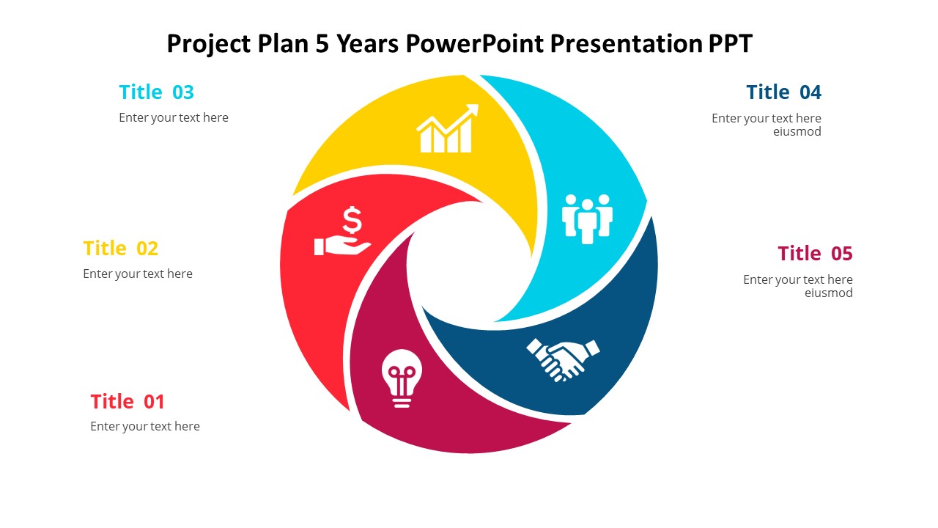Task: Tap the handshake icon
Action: pos(563,360)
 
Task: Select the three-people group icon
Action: pos(587,219)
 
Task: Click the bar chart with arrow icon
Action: pos(447,128)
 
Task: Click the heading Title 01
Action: pos(128,401)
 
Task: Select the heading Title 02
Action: pos(121,248)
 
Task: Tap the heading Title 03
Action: pos(157,92)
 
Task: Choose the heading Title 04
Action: pos(783,92)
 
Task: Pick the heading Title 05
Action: pos(815,254)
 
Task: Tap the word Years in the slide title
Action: pos(368,43)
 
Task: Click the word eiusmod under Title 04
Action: pos(797,131)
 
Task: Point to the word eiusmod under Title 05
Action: pos(828,293)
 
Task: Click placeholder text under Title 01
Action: pos(145,427)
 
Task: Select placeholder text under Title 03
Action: pos(174,118)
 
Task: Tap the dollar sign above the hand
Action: pos(352,220)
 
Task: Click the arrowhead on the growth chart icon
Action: pos(473,110)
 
